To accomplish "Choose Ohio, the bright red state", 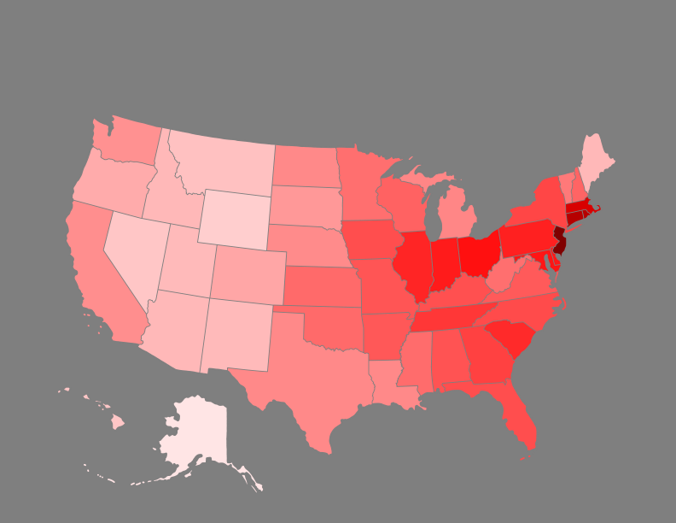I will click(x=477, y=253).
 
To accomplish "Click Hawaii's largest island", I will click(x=117, y=422).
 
